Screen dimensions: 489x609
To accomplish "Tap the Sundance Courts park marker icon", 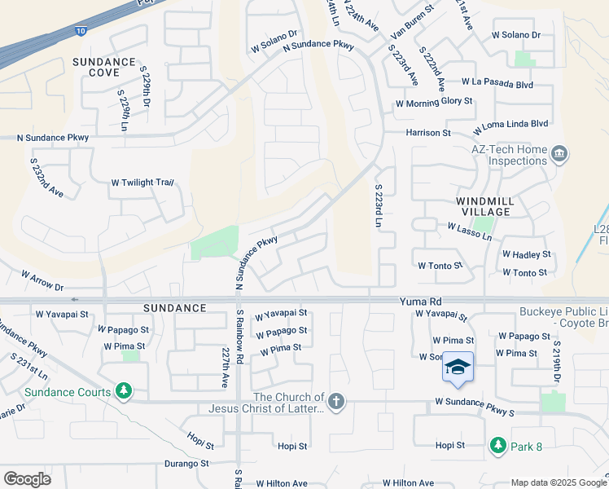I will (123, 392).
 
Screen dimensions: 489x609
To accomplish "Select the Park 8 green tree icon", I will (497, 446).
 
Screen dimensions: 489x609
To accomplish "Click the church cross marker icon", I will (336, 401).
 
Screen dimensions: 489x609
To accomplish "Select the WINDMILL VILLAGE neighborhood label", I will (483, 205).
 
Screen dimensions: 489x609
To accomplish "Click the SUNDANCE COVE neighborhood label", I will (103, 68).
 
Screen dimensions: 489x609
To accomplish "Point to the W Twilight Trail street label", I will (142, 183).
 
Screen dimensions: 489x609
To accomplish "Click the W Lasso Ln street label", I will (470, 232).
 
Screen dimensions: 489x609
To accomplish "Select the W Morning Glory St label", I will (434, 102).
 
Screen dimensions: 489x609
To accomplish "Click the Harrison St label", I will (428, 132).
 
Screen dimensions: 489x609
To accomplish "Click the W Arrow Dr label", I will (42, 281).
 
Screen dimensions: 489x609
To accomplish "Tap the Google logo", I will (28, 479).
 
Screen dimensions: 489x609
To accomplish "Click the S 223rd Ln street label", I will (379, 205).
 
